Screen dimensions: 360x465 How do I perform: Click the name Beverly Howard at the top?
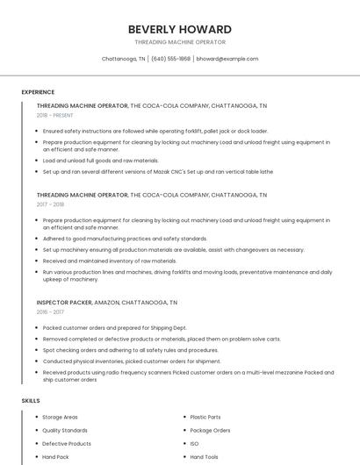(x=180, y=29)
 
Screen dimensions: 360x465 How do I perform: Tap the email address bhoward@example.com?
(x=227, y=59)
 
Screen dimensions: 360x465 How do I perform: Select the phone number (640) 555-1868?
(x=170, y=59)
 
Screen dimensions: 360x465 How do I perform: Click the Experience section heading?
(x=38, y=92)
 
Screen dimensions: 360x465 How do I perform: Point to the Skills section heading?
(x=31, y=401)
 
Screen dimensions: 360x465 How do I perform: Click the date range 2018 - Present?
(x=56, y=115)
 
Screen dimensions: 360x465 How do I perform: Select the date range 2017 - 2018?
(x=51, y=204)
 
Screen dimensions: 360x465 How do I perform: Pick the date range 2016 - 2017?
(x=51, y=311)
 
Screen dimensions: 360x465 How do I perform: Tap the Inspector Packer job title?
(x=64, y=302)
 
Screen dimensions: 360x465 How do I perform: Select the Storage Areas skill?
(x=60, y=417)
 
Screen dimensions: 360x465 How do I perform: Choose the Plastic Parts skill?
(x=205, y=417)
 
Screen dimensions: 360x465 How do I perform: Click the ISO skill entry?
(x=194, y=443)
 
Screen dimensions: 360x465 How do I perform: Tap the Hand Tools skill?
(x=204, y=456)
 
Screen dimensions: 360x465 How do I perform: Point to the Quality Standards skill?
(x=65, y=430)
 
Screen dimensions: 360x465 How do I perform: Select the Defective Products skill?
(x=67, y=443)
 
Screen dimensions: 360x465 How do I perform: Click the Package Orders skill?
(x=210, y=430)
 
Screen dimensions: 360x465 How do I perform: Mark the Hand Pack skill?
(x=55, y=456)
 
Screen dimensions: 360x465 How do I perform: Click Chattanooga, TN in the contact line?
(x=123, y=59)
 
